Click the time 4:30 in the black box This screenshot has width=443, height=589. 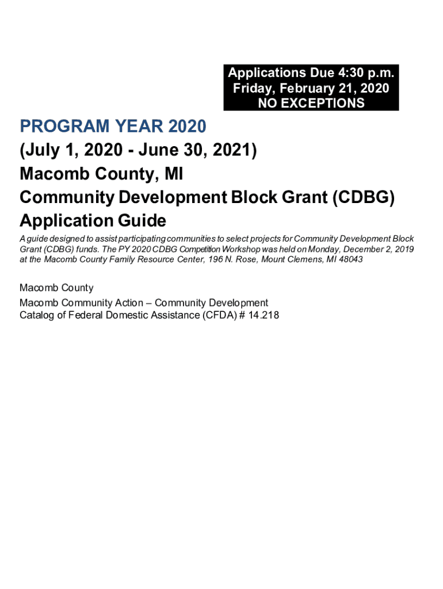[x=343, y=73]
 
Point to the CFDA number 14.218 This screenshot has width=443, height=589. [x=262, y=315]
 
